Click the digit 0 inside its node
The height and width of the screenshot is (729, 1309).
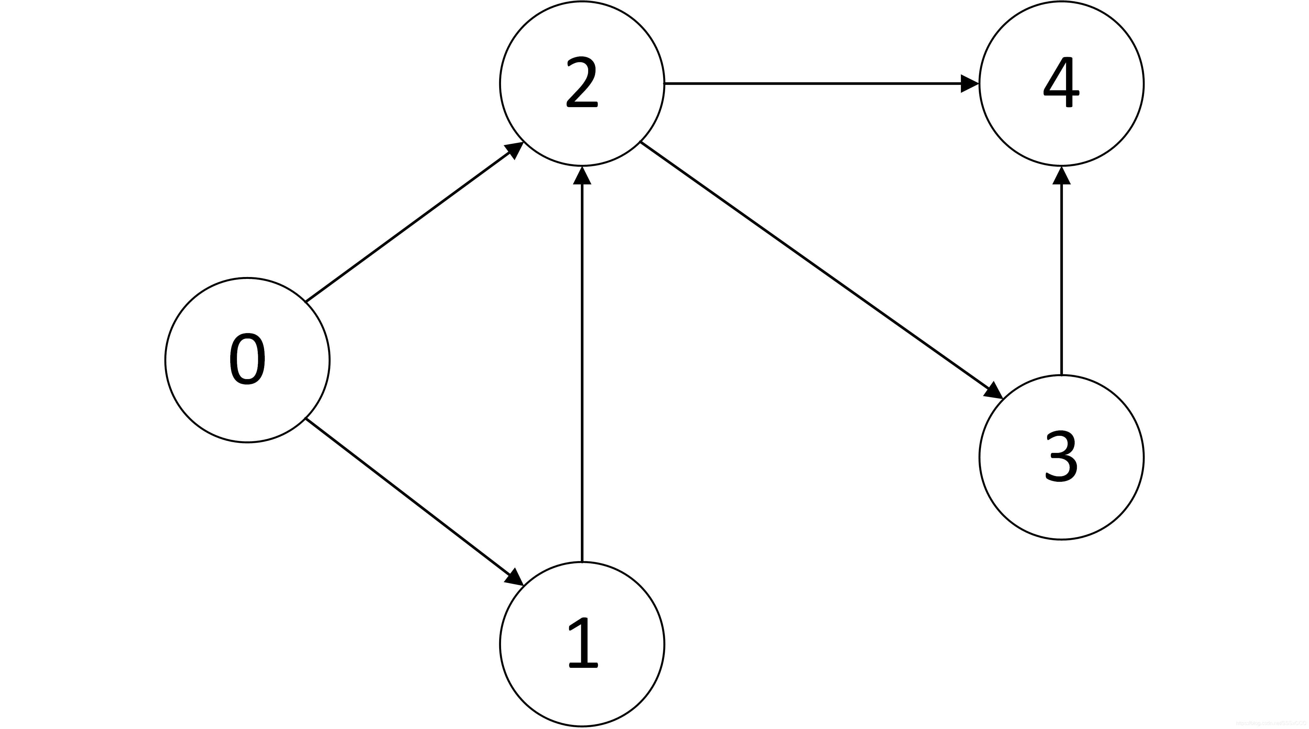247,359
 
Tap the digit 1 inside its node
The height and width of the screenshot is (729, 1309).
583,644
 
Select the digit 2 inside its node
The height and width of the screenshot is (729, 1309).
582,82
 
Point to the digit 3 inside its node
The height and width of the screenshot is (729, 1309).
1061,456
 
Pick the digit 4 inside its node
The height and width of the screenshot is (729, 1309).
1061,82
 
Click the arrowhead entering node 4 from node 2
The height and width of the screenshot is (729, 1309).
969,83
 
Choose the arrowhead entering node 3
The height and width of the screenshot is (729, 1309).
994,390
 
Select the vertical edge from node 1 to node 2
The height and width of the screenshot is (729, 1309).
582,371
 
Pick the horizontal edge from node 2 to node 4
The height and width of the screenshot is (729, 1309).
813,83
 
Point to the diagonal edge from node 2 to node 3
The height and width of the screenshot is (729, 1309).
813,265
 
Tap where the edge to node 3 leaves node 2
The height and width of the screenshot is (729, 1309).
641,143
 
